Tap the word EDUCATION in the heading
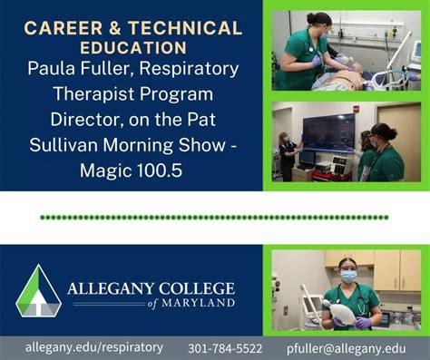tap(132, 46)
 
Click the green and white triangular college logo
tap(37, 291)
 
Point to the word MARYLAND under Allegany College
tap(199, 303)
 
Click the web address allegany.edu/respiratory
tap(94, 347)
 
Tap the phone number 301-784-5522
tap(225, 348)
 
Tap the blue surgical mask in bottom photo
tap(348, 276)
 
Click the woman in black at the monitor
tap(288, 154)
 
